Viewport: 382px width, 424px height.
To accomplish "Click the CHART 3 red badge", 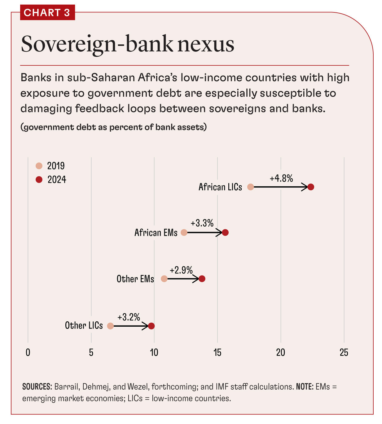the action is (x=47, y=12).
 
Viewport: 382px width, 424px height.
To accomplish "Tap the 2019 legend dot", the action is (x=39, y=166).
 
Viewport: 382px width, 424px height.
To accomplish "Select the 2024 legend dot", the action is (x=39, y=179).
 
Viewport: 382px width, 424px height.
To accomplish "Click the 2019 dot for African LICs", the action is (x=250, y=187).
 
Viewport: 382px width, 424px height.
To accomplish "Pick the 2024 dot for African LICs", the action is (x=310, y=187).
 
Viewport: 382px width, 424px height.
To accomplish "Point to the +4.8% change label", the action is (x=281, y=179).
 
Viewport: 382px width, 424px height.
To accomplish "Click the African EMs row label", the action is (x=156, y=232).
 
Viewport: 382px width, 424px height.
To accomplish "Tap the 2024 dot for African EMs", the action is (x=225, y=232).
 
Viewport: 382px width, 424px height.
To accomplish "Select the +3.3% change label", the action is (x=202, y=223).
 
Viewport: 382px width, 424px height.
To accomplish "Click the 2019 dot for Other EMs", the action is (x=164, y=279).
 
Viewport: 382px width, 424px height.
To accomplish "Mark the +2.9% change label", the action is (x=181, y=270).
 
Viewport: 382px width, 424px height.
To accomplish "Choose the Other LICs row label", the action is (x=84, y=325).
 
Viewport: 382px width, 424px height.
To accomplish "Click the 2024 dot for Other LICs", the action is (x=151, y=326).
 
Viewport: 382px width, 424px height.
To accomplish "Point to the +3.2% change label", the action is (x=129, y=317).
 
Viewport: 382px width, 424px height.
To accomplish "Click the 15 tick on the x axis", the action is (x=217, y=352).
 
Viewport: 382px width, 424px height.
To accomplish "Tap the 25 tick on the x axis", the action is (x=344, y=352).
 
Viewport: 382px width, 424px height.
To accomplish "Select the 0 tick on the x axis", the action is (x=28, y=352).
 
